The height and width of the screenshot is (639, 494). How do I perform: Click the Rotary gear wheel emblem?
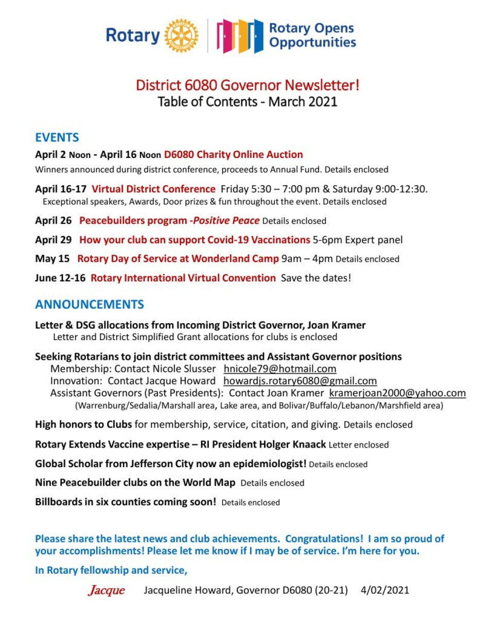point(181,35)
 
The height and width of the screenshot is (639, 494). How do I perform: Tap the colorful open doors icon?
point(239,35)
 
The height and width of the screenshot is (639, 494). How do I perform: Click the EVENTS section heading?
point(57,137)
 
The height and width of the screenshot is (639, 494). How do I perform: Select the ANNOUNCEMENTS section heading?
point(90,304)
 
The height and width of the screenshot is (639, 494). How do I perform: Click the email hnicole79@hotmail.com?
point(280,369)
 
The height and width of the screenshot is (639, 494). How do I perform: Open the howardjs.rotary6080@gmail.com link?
point(300,381)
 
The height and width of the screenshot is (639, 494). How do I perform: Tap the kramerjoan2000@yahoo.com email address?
point(397,393)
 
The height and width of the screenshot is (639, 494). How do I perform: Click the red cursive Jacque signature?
point(107,590)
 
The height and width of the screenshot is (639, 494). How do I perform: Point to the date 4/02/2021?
point(385,590)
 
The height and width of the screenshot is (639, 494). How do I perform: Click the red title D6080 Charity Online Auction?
point(233,154)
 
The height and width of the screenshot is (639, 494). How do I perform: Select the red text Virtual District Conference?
point(153,189)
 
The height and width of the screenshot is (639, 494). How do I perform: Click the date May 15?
point(52,259)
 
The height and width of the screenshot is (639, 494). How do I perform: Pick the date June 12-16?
point(60,278)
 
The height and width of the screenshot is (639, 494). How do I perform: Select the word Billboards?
point(59,502)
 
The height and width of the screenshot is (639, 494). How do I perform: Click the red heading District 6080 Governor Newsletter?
point(248,85)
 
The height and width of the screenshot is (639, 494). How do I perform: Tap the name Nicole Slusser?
point(183,369)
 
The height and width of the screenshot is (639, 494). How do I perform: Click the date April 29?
point(54,240)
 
